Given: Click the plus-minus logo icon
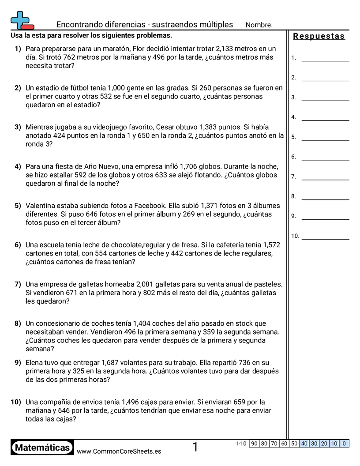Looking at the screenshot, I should coord(22,20).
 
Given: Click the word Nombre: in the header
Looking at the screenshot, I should coord(259,25).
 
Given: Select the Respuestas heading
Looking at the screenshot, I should coord(319,36).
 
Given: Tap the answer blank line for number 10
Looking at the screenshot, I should coord(325,238).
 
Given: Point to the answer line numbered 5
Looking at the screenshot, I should coord(325,139).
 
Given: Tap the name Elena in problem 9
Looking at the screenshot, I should coord(35,363).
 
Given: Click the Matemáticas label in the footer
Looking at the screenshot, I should coord(42,447).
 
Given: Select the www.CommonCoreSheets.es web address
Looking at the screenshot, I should coord(119,451).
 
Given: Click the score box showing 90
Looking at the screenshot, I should coord(254,443).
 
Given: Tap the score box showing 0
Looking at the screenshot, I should coord(344,443).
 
